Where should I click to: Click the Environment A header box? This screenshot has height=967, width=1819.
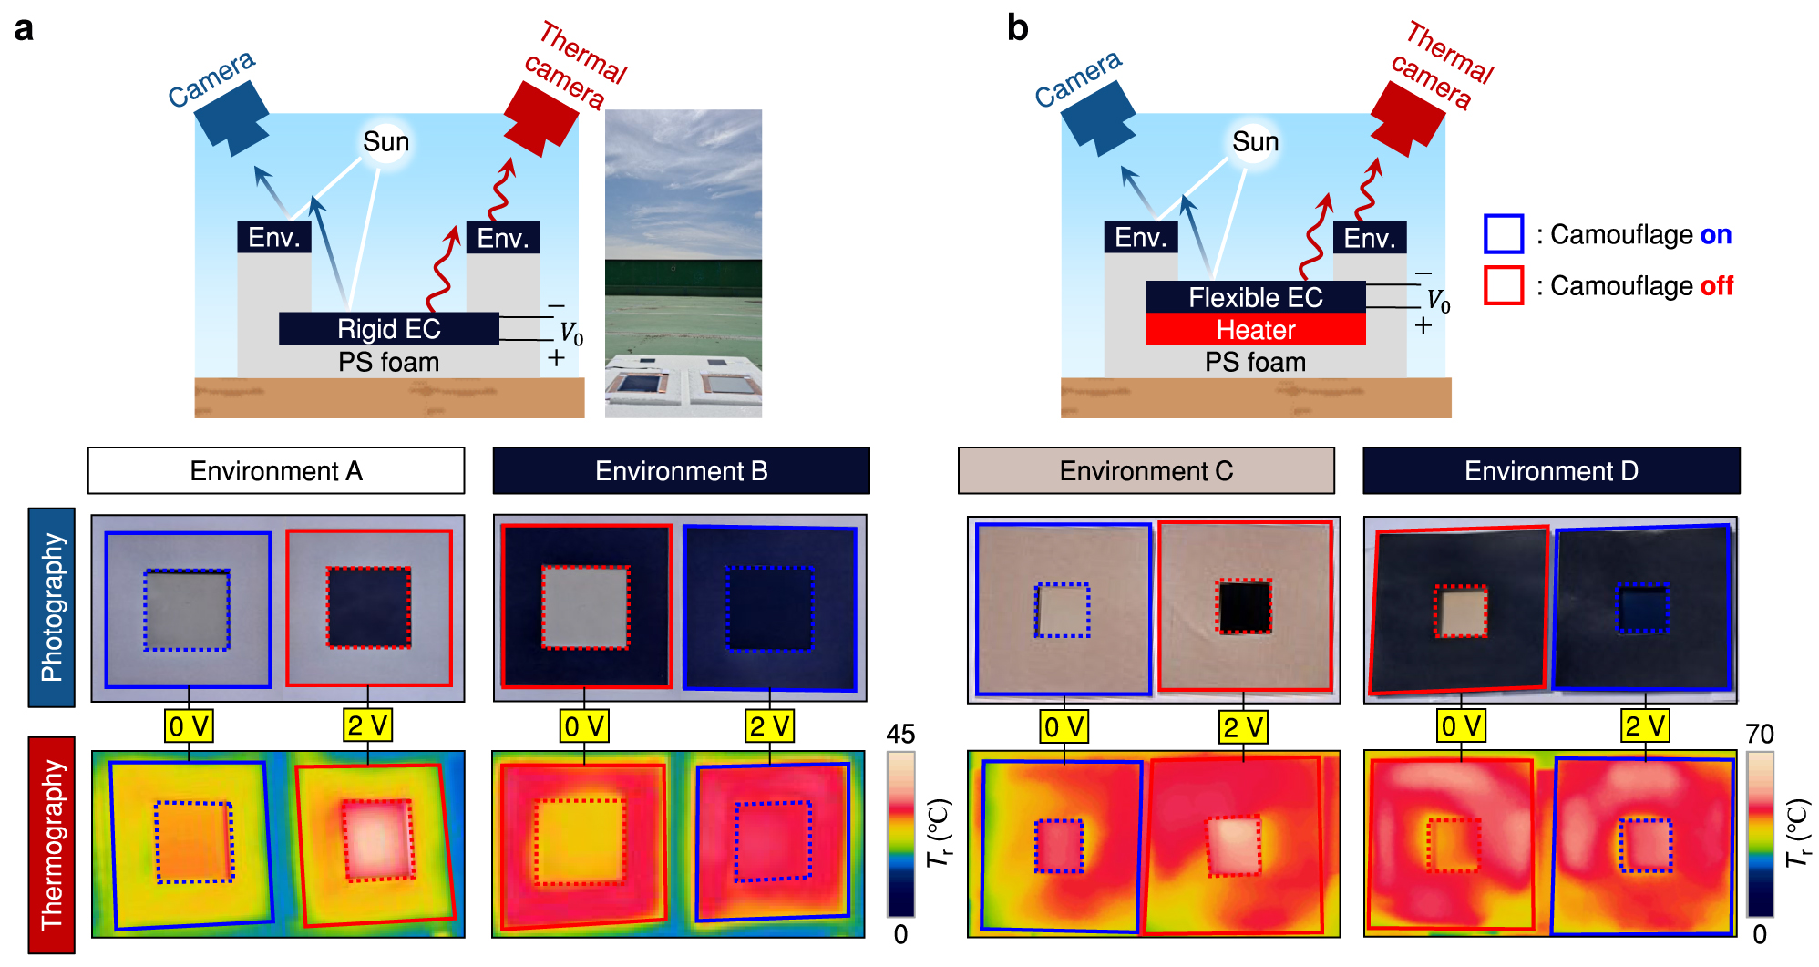point(275,470)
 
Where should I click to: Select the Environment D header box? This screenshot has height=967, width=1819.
point(1550,470)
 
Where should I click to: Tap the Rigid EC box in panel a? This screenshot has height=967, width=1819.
point(388,328)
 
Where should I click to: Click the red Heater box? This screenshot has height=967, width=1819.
point(1255,330)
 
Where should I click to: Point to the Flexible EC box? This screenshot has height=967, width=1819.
point(1255,297)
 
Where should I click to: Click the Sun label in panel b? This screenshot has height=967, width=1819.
point(1255,142)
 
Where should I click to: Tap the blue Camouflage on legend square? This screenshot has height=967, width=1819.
point(1503,234)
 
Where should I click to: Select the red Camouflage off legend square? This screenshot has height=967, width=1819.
point(1503,285)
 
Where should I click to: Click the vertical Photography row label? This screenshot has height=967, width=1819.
point(51,607)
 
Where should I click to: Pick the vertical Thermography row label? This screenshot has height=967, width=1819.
point(51,844)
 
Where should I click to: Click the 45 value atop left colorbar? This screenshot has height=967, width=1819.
point(900,735)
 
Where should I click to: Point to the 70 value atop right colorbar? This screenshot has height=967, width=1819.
point(1759,735)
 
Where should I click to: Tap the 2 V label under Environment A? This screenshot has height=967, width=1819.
point(367,725)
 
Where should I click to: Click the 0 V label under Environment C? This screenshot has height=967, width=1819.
point(1064,726)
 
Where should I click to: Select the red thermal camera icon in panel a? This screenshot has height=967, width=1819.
point(540,118)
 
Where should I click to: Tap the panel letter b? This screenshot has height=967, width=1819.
point(1017,28)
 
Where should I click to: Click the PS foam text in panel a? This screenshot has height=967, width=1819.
point(388,362)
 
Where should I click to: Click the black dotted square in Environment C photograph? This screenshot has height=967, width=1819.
point(1243,606)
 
